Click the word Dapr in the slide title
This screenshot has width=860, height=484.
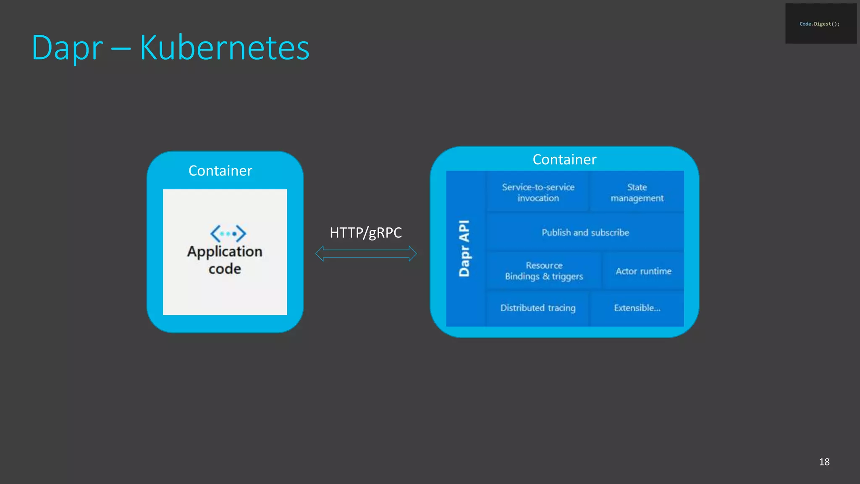[x=67, y=48]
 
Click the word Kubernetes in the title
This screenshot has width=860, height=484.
[x=224, y=48]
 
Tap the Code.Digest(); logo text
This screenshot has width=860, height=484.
[x=819, y=24]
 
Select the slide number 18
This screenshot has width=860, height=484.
[x=824, y=462]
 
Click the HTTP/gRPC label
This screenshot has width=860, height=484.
[x=365, y=232]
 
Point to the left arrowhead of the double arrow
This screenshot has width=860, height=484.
[x=320, y=254]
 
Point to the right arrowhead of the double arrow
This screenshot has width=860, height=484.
[x=412, y=254]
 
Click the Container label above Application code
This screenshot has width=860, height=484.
[x=220, y=171]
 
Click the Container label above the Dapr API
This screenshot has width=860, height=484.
[x=564, y=160]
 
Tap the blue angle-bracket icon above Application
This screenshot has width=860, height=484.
[x=228, y=233]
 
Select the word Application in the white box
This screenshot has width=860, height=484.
[x=225, y=251]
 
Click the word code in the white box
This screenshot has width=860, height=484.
[x=225, y=269]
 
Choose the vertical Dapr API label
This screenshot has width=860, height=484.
[x=464, y=248]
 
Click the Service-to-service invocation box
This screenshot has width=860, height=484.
[x=538, y=192]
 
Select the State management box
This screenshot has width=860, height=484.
[x=637, y=192]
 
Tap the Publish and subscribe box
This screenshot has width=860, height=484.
[x=585, y=232]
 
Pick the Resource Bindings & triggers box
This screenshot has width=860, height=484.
[x=544, y=271]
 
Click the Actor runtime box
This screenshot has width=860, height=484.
[x=643, y=271]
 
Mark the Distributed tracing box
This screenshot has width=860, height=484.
[x=538, y=308]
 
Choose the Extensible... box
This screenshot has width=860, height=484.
[x=637, y=308]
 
